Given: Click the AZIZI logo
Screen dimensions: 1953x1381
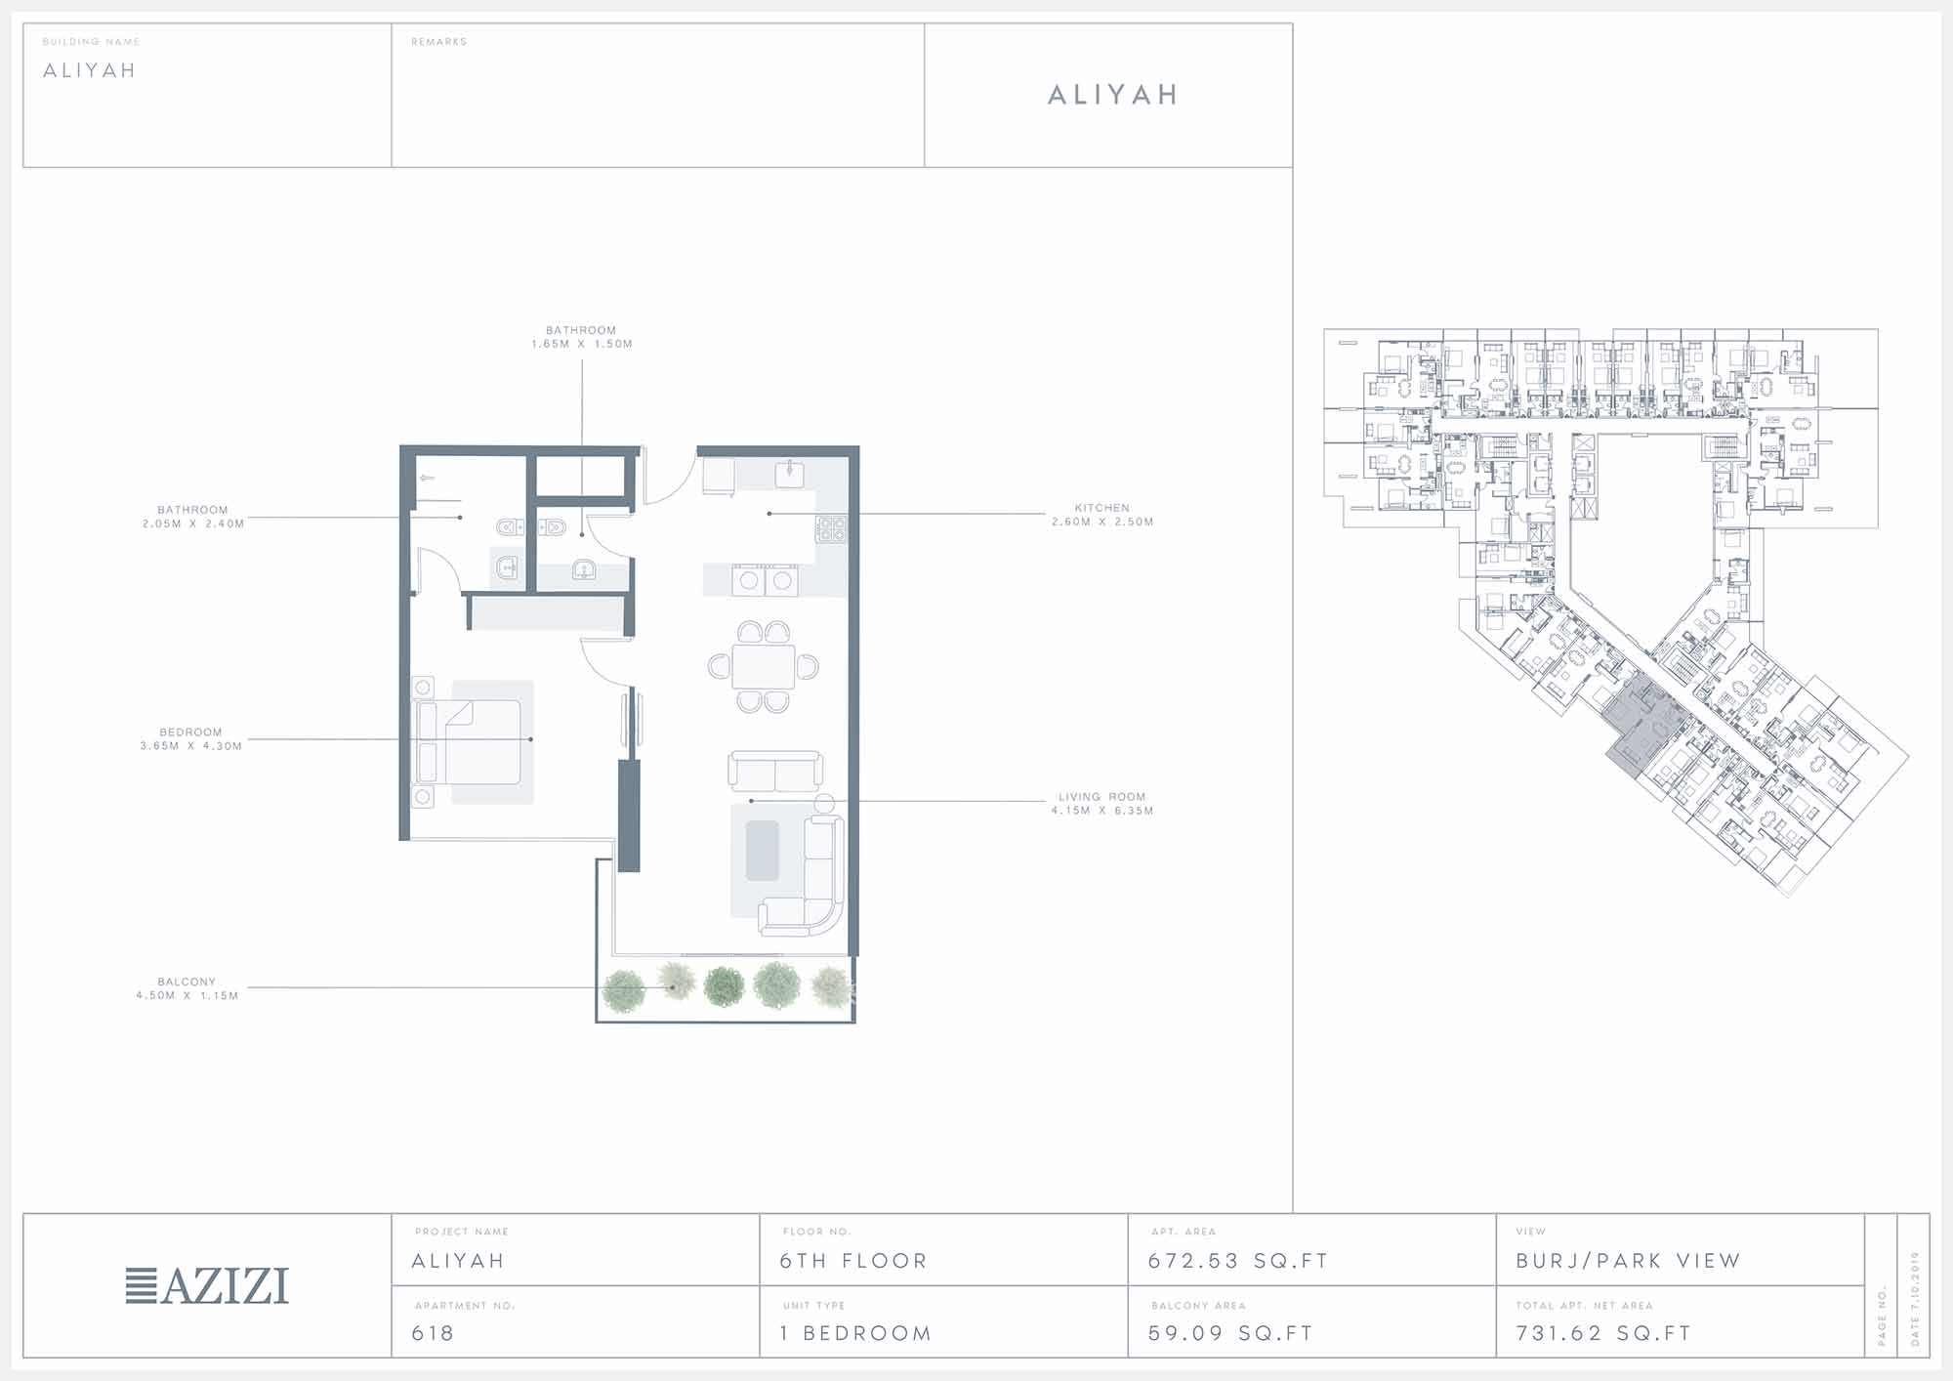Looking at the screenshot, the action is coord(207,1285).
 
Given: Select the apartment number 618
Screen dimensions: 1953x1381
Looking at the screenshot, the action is coord(433,1333).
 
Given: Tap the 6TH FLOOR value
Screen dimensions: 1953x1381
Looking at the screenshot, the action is coord(853,1261).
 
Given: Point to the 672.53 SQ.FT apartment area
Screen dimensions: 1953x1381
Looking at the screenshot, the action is coord(1238,1261).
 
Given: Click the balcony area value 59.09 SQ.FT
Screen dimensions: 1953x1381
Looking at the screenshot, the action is coord(1230,1333).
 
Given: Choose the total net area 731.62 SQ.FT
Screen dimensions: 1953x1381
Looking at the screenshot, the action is coord(1603,1333).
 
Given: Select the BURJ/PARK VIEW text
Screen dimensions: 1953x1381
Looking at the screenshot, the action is coord(1628,1261).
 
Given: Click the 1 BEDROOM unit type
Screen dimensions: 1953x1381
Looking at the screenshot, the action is coord(855,1333).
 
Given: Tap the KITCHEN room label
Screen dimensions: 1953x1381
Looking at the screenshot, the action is coord(1102,508).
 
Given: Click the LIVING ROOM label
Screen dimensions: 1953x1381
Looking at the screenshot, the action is coord(1102,797).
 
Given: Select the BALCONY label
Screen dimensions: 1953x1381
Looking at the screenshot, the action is coord(187,982).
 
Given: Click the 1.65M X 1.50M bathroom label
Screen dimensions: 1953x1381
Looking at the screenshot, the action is coord(582,344).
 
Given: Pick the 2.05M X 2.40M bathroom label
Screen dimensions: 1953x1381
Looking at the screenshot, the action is coord(193,523).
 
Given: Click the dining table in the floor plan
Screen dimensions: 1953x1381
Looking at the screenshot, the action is coord(764,666).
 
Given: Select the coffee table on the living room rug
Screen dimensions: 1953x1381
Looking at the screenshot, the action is coord(763,850).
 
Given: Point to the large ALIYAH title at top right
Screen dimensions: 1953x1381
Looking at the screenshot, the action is coord(1113,95).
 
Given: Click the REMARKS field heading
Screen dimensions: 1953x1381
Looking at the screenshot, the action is coord(439,42).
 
